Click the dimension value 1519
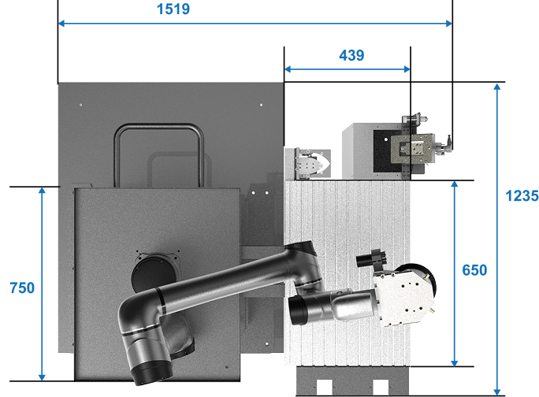pos(173,9)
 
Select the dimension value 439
pos(351,55)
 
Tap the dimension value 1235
pos(522,196)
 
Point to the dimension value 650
pos(474,270)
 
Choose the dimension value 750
pos(22,288)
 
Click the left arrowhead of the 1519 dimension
pos(61,24)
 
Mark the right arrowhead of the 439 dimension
pos(407,69)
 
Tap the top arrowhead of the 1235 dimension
pos(496,87)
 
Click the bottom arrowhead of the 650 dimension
pos(455,363)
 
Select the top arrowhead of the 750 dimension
pos(42,191)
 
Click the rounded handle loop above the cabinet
pos(159,127)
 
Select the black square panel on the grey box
pos(388,151)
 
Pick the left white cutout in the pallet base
pos(324,388)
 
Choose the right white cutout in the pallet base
pos(381,388)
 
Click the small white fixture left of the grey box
pos(312,164)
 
